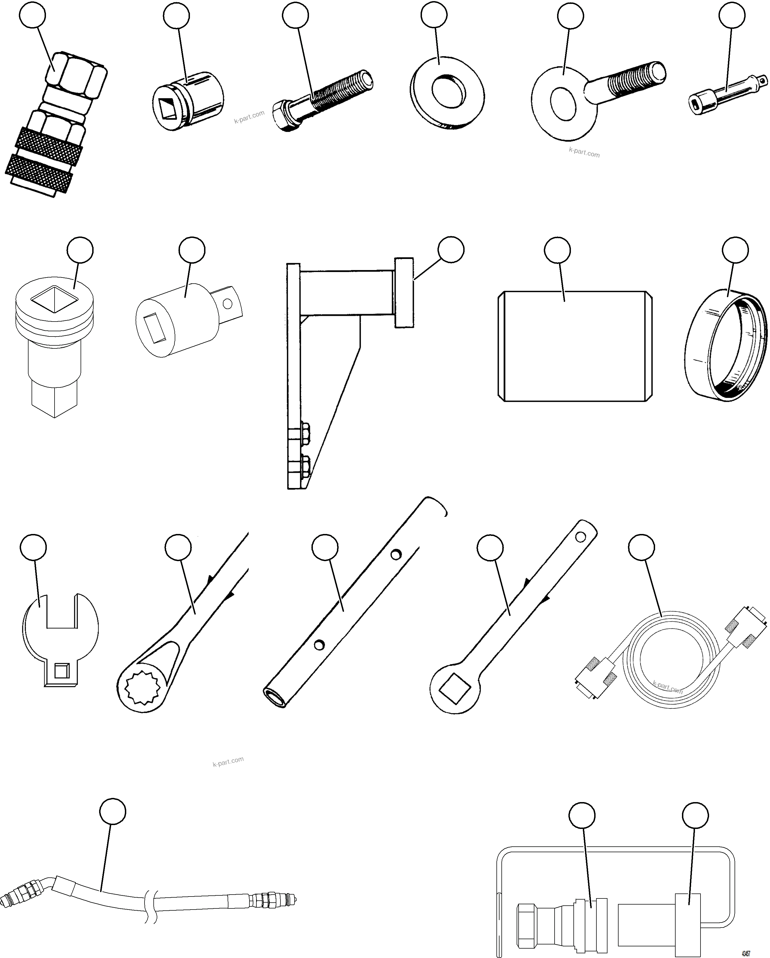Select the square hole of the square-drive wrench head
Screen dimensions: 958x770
(455, 689)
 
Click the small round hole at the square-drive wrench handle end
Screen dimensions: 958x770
(580, 537)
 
